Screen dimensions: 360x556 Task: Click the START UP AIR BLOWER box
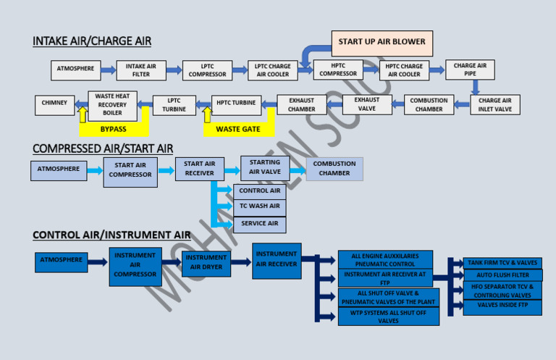tap(382, 43)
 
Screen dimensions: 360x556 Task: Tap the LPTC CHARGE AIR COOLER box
tap(272, 70)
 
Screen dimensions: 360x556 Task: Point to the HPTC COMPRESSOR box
tap(338, 70)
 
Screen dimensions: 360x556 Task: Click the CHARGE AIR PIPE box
tap(470, 70)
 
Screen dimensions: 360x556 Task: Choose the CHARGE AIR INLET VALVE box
tap(495, 105)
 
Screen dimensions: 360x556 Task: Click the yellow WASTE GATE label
tap(238, 130)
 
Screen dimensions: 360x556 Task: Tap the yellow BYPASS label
tap(113, 129)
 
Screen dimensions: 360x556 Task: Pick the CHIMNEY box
tap(54, 104)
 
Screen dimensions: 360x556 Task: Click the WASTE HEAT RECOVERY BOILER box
tap(112, 105)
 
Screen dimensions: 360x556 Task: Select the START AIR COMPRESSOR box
tap(130, 172)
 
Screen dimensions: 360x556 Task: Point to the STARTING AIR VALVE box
tap(265, 168)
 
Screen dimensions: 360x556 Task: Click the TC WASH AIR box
tap(259, 207)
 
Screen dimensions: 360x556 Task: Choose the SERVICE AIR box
tap(259, 224)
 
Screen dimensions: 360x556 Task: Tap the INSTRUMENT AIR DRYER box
tap(206, 262)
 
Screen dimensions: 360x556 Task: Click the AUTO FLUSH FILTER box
tap(502, 275)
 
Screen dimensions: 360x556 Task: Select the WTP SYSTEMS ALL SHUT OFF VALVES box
tap(388, 317)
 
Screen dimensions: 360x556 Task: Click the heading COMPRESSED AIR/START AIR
tap(103, 148)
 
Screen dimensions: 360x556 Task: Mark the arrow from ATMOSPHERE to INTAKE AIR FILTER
tap(108, 70)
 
